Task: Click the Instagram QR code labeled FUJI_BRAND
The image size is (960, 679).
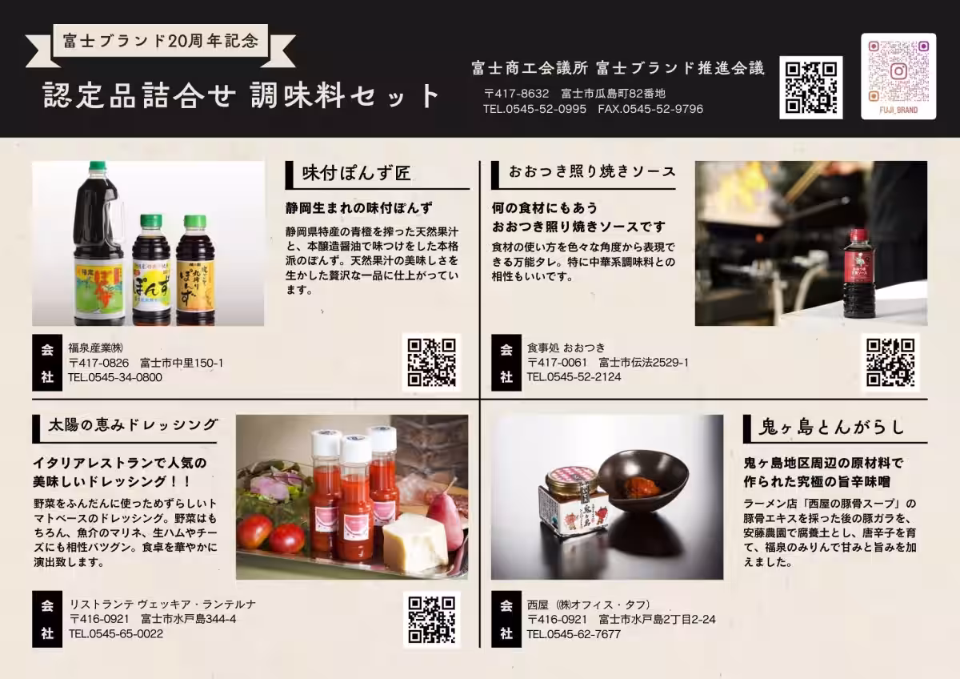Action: [898, 76]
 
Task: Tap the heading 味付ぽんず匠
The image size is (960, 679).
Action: [357, 173]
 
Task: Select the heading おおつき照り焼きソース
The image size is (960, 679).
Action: [592, 171]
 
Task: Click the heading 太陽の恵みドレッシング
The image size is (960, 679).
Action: [134, 424]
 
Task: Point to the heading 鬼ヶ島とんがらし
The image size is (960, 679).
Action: [831, 427]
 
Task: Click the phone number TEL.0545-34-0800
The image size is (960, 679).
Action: [115, 377]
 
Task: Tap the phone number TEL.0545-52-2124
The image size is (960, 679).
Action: [574, 377]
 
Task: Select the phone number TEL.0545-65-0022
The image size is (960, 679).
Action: [116, 633]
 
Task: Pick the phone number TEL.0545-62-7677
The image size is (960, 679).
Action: [574, 634]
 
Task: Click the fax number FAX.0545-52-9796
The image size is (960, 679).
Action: [650, 109]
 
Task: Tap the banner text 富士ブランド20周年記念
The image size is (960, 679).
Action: [161, 41]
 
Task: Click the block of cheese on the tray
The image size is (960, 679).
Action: [415, 544]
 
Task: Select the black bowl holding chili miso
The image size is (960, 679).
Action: [643, 481]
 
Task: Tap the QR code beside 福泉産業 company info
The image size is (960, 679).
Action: [431, 363]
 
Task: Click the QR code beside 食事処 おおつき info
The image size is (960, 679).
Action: [890, 363]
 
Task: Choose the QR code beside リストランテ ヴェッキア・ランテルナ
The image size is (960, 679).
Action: [431, 620]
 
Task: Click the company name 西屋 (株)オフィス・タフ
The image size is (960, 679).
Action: [589, 605]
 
